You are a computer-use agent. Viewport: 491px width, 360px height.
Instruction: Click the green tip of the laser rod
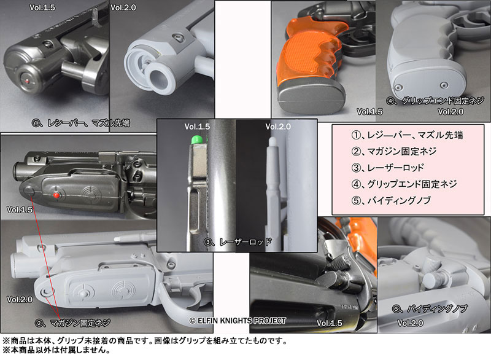[x=197, y=139]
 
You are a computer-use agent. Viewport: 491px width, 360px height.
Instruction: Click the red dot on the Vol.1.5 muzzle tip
[x=27, y=81]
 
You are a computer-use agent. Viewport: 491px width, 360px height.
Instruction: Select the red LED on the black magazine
[x=56, y=195]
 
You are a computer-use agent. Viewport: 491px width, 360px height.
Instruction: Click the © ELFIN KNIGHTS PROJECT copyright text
[x=238, y=321]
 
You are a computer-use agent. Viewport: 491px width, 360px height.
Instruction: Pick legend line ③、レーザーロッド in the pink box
[x=387, y=168]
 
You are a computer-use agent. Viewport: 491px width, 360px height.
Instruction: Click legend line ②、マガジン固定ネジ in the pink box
[x=394, y=151]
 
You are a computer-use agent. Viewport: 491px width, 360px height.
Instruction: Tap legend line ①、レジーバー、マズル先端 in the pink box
[x=407, y=135]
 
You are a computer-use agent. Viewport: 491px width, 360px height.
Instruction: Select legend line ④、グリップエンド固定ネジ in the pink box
[x=404, y=184]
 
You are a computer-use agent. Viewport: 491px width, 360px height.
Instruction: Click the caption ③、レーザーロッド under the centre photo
[x=238, y=242]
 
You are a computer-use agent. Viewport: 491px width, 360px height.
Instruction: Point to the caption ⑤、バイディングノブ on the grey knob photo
[x=430, y=309]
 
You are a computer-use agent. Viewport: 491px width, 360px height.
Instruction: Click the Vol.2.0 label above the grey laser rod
[x=278, y=127]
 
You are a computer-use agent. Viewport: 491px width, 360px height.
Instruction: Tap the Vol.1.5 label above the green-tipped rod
[x=197, y=127]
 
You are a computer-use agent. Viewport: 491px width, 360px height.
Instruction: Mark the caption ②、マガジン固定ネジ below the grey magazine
[x=72, y=323]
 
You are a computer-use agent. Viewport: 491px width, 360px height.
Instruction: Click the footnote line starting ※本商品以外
[x=56, y=350]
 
